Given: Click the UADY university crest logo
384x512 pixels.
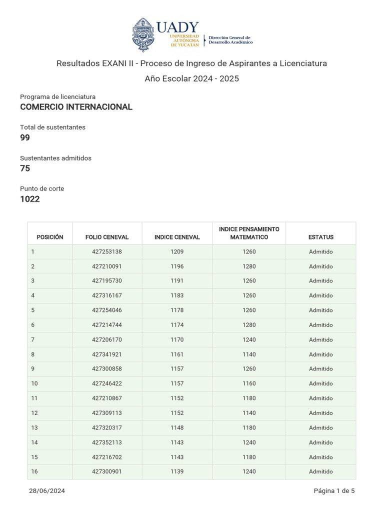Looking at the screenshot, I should [143, 34].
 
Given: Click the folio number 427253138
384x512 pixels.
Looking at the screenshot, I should [107, 252].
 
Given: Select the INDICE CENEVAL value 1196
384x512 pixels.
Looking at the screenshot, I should [177, 266].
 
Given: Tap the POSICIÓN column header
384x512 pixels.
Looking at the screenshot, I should [50, 237].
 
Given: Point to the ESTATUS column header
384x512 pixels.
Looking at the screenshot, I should [321, 237].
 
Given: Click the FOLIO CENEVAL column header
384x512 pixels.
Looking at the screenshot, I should [107, 237].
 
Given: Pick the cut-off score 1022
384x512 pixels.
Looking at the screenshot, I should [30, 199].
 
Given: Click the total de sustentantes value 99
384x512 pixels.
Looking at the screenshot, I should [25, 137].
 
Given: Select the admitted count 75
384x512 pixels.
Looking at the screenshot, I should [25, 168].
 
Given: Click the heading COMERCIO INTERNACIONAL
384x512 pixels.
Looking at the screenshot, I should [76, 107].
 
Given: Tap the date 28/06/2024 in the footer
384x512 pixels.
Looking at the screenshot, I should [47, 491].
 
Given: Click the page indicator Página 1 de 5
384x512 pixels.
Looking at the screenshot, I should [334, 491].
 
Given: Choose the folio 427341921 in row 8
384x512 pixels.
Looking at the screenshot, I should [107, 354].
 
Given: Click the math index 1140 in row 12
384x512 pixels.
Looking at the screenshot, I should [249, 413].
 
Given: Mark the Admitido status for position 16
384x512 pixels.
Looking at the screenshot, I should [321, 471].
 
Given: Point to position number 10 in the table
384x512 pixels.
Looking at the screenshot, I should [34, 383].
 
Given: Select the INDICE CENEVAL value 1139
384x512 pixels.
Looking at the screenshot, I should [177, 471].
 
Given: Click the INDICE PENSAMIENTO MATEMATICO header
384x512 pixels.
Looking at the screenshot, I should [249, 233].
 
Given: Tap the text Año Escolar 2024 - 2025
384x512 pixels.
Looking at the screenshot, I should [192, 79].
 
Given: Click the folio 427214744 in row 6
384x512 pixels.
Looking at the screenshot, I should [107, 325].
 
